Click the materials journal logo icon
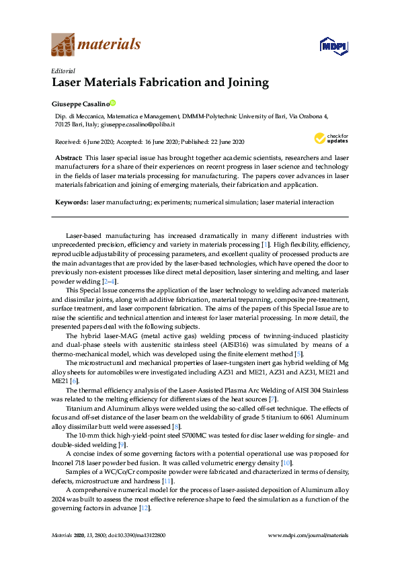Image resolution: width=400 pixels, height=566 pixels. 63,45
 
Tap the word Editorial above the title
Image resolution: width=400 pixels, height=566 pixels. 63,71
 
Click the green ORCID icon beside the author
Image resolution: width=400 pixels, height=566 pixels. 113,103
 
